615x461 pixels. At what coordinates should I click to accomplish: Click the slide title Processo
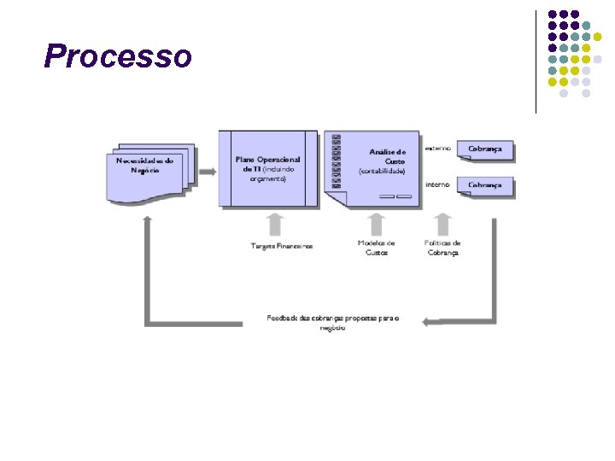point(118,56)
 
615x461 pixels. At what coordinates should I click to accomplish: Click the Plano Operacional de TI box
point(268,168)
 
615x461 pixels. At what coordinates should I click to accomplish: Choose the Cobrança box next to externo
point(484,150)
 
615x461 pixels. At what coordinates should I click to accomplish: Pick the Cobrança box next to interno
point(484,186)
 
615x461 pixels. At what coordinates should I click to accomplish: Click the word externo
point(438,148)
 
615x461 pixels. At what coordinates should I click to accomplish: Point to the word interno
point(438,184)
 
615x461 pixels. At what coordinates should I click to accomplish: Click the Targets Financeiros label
point(281,246)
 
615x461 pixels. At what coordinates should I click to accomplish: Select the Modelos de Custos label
point(376,248)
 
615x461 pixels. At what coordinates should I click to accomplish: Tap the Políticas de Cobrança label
point(442,248)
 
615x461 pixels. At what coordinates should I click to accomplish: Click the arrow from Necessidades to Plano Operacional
point(207,172)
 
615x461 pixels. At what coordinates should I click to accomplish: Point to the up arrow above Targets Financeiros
point(274,224)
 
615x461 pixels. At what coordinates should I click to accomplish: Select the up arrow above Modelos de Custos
point(376,224)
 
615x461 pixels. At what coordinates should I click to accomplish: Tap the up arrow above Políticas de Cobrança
point(442,224)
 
